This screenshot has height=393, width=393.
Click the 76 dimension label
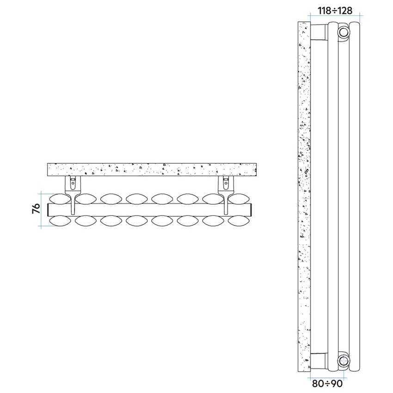pos(35,209)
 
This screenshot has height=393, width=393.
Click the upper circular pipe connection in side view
pos(343,32)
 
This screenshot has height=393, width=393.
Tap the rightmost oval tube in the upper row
pos(239,199)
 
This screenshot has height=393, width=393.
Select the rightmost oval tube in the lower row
pos(239,221)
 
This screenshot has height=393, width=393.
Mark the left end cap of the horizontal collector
pos(49,209)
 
